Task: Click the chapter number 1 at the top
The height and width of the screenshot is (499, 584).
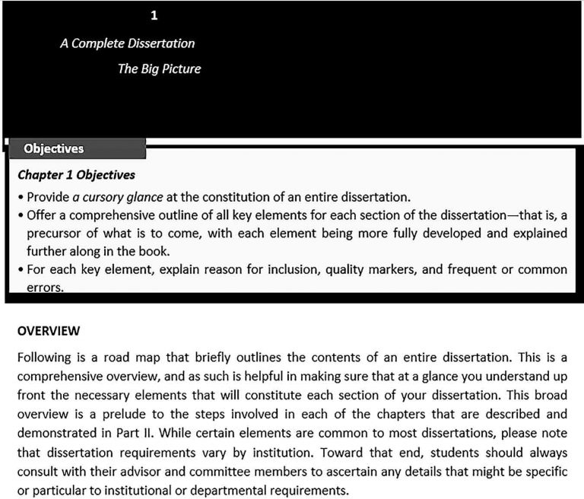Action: coord(154,15)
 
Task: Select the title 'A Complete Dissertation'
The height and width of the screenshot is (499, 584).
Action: coord(127,43)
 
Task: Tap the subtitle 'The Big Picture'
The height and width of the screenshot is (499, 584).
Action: coord(159,68)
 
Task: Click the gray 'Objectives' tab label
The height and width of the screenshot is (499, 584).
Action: coord(54,148)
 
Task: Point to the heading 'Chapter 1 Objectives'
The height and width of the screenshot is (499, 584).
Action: coord(76,175)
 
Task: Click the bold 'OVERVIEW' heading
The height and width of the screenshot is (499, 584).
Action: coord(49,332)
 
